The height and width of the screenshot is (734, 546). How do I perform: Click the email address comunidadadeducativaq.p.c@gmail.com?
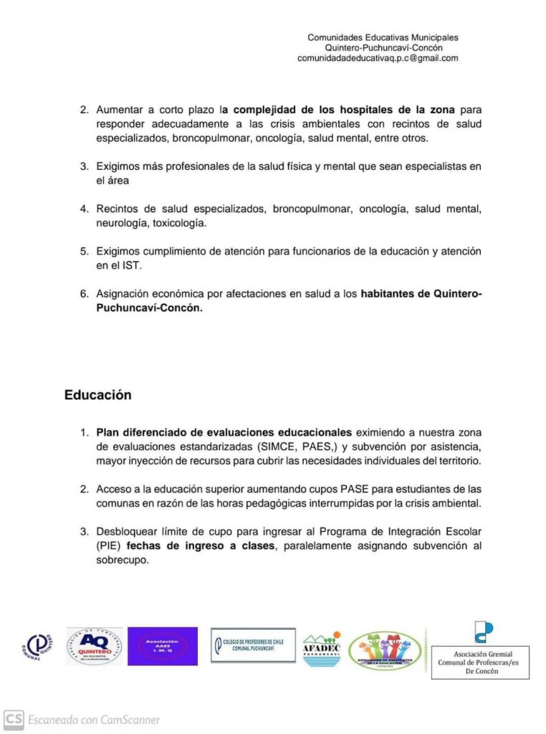point(378,59)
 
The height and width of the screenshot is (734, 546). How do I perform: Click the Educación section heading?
point(97,395)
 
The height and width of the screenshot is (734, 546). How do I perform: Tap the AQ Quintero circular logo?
point(94,646)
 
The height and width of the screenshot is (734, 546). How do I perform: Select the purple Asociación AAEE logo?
point(162,646)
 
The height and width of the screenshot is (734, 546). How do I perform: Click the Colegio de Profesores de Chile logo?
point(253,645)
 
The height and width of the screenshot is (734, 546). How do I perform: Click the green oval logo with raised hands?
point(385,650)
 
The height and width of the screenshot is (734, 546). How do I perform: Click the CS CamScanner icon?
point(14,719)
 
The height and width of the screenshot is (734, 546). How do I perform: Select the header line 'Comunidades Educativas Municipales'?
point(383,37)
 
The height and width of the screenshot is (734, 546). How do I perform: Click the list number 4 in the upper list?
point(83,209)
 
